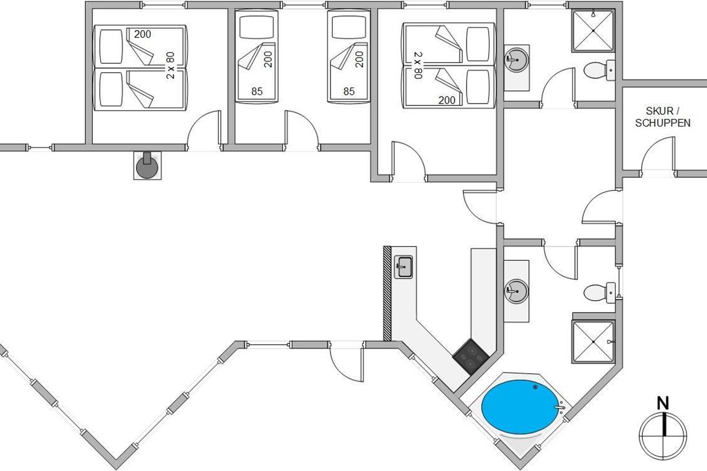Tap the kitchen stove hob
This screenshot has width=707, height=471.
tap(471, 356)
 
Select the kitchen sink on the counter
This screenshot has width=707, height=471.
tap(404, 267)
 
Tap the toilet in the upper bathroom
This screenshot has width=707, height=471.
tap(596, 72)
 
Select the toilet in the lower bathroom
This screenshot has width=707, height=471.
tap(596, 292)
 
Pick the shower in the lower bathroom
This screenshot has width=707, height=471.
tap(593, 342)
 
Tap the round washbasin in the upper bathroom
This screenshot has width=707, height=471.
tap(517, 59)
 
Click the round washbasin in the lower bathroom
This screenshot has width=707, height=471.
tap(517, 290)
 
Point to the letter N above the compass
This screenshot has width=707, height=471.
tap(664, 404)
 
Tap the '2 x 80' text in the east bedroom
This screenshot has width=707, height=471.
tap(418, 65)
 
